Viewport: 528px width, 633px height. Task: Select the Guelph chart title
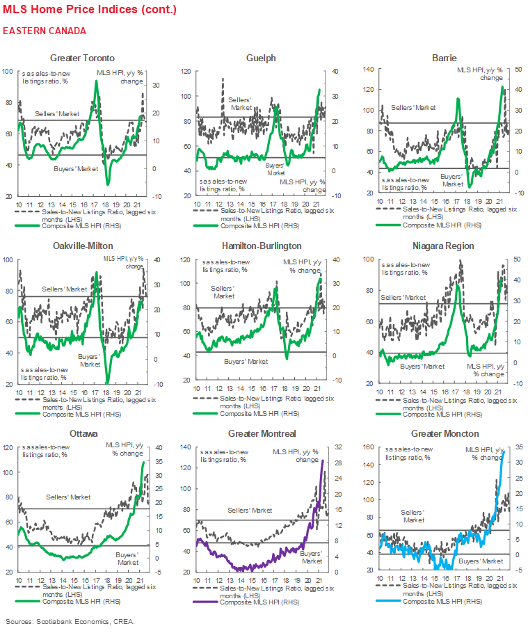click(261, 58)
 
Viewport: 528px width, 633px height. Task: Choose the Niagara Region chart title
click(443, 246)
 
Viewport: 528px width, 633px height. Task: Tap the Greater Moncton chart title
click(443, 433)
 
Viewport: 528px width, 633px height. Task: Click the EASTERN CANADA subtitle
click(44, 31)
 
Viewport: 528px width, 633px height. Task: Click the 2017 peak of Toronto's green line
click(96, 81)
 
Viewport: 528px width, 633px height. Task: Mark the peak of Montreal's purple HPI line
click(323, 460)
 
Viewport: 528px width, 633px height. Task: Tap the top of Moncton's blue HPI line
click(502, 452)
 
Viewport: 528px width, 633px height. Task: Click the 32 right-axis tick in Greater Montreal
click(336, 447)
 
